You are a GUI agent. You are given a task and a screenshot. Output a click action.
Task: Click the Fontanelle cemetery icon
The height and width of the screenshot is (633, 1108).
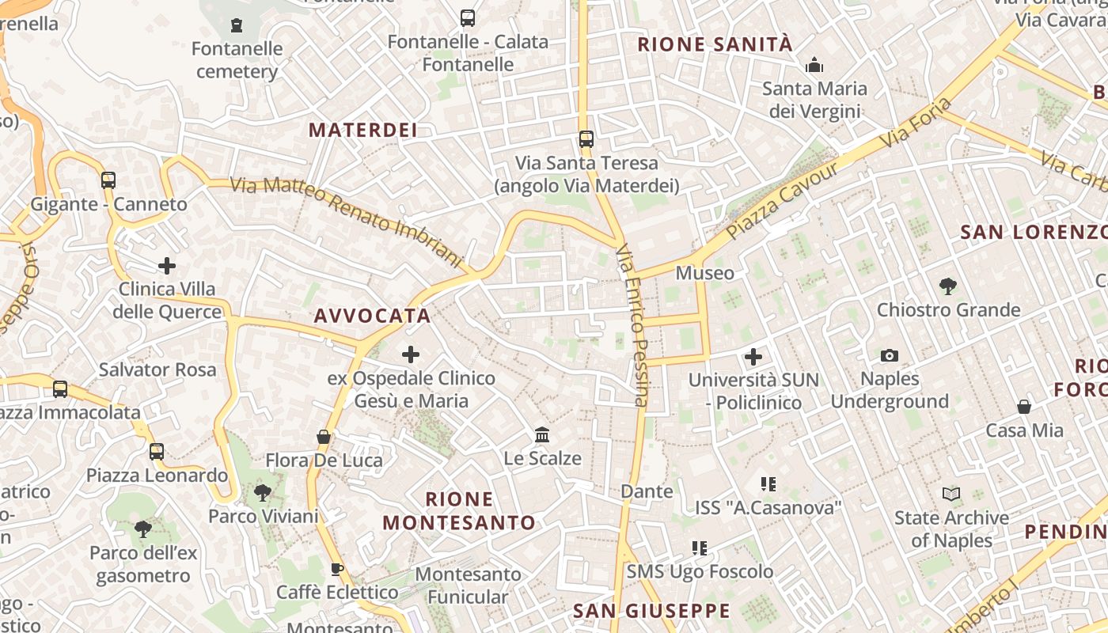237,25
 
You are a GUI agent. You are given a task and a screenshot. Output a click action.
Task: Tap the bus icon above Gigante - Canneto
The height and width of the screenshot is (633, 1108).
108,180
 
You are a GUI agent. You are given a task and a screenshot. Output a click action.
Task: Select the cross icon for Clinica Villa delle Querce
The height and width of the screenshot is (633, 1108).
167,265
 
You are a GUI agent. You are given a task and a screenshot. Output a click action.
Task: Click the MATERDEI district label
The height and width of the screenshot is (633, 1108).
363,131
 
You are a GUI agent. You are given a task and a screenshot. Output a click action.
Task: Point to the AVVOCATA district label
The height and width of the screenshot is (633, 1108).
373,316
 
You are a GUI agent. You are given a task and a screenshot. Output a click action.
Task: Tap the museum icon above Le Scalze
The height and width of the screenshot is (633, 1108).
542,434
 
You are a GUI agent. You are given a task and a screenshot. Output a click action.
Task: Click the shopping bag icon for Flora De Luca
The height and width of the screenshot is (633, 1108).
324,437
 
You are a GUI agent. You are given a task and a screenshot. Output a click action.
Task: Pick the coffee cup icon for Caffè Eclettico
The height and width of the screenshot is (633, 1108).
337,569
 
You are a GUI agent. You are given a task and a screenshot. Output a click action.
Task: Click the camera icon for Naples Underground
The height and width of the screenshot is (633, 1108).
890,356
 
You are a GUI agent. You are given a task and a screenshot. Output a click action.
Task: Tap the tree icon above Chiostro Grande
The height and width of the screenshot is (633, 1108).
948,286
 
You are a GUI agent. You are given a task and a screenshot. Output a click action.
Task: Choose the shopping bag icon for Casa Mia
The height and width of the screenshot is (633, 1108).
1024,407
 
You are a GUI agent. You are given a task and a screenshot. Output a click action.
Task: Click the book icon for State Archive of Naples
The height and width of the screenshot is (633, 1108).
951,495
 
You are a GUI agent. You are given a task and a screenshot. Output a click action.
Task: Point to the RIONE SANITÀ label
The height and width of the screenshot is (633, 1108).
715,44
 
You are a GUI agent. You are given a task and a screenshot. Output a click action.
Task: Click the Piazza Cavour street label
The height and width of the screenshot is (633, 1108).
782,201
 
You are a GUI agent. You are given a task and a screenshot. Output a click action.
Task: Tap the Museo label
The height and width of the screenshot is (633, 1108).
704,273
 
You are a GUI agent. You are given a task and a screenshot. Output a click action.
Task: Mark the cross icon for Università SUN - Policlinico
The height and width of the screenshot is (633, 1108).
753,357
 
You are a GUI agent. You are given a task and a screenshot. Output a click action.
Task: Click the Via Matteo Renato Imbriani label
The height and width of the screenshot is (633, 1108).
346,222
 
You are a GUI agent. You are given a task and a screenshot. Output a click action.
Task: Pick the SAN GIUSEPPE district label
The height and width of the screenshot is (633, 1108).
651,611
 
